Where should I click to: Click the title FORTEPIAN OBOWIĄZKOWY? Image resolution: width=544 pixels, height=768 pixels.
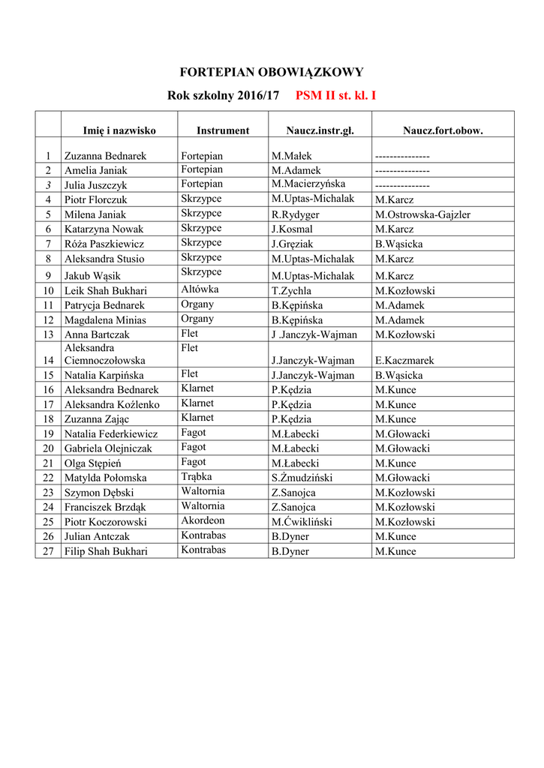[x=272, y=73]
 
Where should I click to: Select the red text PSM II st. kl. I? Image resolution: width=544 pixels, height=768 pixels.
[x=335, y=96]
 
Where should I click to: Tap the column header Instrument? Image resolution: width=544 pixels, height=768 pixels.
[x=223, y=130]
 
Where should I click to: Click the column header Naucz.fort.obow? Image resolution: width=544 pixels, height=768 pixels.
[x=443, y=130]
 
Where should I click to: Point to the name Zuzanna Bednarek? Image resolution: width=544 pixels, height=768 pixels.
[x=105, y=156]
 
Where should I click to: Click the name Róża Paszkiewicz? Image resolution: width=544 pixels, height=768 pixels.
[x=104, y=244]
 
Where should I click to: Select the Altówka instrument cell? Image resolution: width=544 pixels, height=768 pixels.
[x=199, y=289]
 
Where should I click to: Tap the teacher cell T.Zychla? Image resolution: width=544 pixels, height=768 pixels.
[x=292, y=291]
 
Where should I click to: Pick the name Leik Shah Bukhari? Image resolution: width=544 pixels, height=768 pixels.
[x=105, y=291]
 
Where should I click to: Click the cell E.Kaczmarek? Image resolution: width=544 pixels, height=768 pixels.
[x=404, y=361]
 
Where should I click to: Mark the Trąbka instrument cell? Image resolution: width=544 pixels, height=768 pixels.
[x=196, y=477]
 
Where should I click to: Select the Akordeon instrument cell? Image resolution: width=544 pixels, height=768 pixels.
[x=203, y=520]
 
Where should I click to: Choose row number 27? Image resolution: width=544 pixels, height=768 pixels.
[x=48, y=551]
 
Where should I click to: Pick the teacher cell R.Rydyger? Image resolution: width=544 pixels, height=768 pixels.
[x=296, y=214]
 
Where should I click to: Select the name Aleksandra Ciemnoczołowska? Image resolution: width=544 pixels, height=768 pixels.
[x=104, y=354]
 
